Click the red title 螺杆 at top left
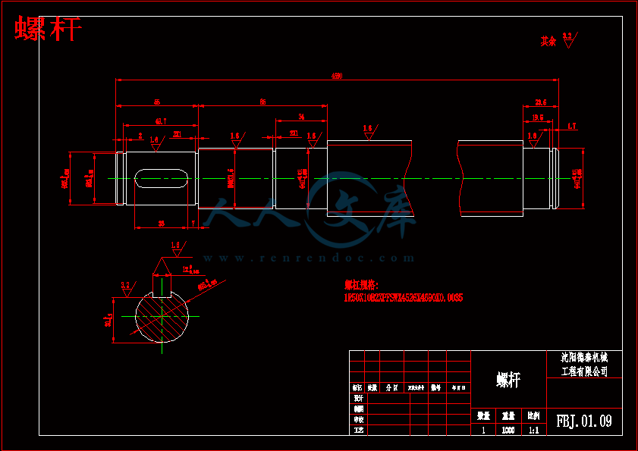(x=48, y=30)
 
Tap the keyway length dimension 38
(x=162, y=224)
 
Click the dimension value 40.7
(x=160, y=121)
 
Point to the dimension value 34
(x=301, y=116)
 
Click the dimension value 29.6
(x=541, y=102)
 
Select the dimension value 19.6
(x=537, y=117)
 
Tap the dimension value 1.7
(x=571, y=126)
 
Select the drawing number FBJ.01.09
(x=583, y=420)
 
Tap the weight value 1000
(x=508, y=430)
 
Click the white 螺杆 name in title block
(x=508, y=380)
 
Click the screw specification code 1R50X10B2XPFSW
(x=403, y=298)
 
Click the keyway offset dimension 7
(x=193, y=224)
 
